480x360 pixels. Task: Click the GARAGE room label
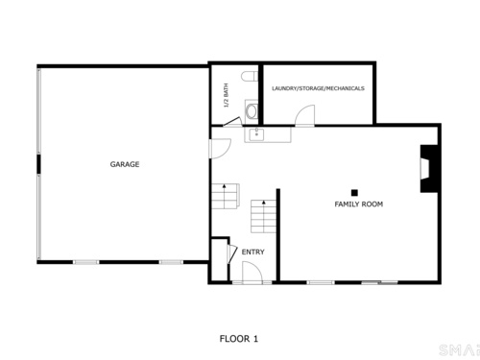125,164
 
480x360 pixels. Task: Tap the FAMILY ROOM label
358,204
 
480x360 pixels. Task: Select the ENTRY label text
252,252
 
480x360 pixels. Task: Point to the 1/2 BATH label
226,95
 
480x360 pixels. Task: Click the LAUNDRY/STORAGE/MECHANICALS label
318,88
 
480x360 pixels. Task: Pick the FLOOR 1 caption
239,339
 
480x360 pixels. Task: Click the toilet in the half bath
250,77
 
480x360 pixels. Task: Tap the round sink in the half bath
252,111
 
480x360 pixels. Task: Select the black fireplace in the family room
429,169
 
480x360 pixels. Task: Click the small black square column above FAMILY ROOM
354,193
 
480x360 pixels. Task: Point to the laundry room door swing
304,115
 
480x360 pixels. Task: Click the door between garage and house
220,149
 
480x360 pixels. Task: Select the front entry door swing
252,273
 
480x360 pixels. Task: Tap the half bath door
231,122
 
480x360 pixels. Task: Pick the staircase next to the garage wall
226,196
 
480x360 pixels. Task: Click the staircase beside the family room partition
263,216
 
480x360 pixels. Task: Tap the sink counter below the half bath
268,134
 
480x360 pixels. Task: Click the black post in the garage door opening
38,164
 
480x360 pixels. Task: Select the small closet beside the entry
219,260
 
